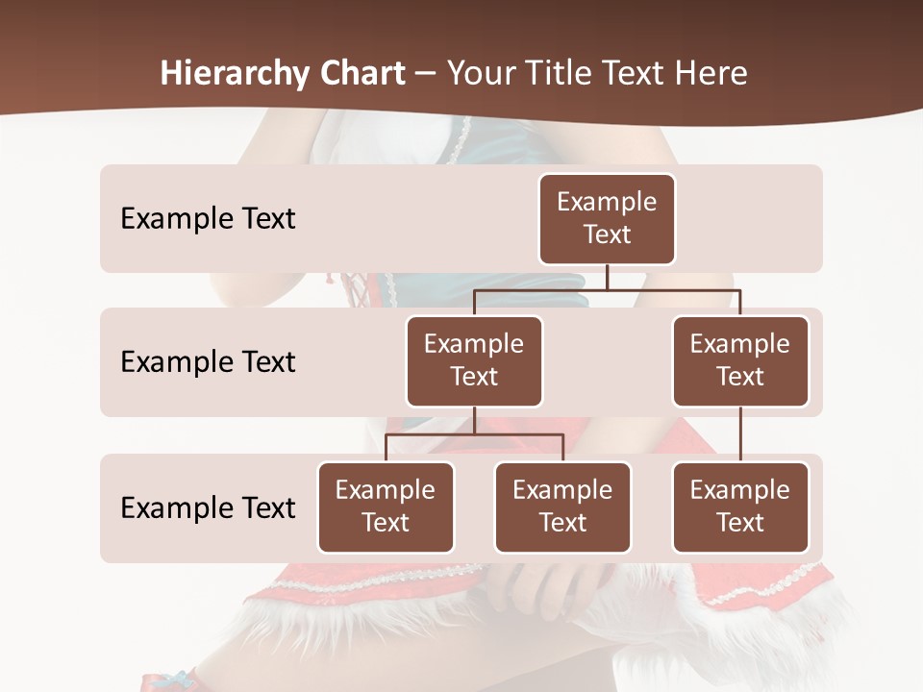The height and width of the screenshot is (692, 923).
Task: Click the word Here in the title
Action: pyautogui.click(x=711, y=73)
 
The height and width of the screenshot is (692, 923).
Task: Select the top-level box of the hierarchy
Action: pyautogui.click(x=607, y=219)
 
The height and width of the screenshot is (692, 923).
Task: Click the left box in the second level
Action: pyautogui.click(x=474, y=361)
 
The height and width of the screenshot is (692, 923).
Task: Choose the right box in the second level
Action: pyautogui.click(x=740, y=361)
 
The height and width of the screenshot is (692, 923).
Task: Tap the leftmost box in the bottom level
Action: pyautogui.click(x=386, y=507)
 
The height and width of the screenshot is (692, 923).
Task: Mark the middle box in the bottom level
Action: pyautogui.click(x=562, y=507)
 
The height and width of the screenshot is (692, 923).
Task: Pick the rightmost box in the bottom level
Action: pyautogui.click(x=740, y=507)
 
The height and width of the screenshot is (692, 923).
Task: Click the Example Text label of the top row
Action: pyautogui.click(x=208, y=219)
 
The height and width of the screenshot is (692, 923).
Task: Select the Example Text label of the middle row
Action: pyautogui.click(x=208, y=362)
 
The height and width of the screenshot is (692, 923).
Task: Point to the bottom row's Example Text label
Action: pyautogui.click(x=208, y=508)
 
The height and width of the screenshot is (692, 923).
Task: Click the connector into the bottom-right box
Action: pyautogui.click(x=740, y=434)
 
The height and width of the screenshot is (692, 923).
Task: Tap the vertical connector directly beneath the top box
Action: pyautogui.click(x=607, y=277)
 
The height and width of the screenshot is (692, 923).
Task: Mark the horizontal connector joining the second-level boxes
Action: pyautogui.click(x=607, y=289)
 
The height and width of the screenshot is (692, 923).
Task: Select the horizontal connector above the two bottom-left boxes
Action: pyautogui.click(x=474, y=434)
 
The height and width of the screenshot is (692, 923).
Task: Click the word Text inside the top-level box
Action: pyautogui.click(x=607, y=235)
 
